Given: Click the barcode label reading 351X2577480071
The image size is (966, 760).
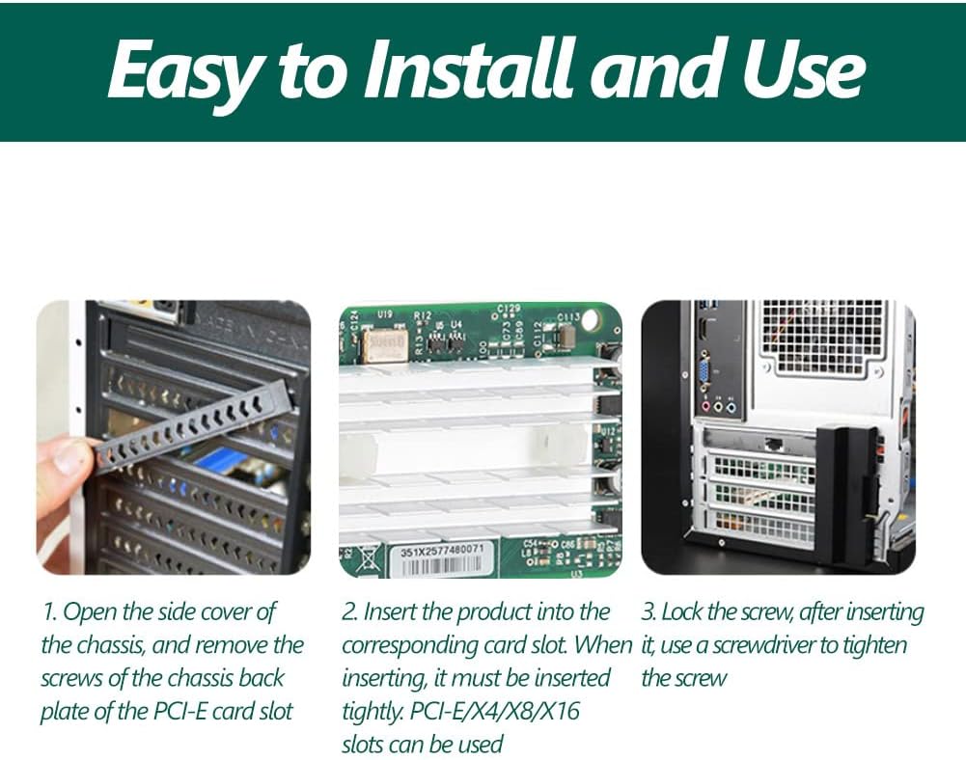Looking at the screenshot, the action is (x=442, y=559).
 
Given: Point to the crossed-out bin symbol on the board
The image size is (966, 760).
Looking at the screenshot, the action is (x=369, y=561).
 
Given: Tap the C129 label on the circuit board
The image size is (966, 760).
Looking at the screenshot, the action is (x=509, y=308).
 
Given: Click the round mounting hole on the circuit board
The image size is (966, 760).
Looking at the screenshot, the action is (x=590, y=319).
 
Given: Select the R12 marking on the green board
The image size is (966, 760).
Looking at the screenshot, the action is (x=423, y=315).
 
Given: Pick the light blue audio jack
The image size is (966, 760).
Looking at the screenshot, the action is (x=731, y=407).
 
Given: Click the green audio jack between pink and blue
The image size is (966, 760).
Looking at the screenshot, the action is (x=718, y=407).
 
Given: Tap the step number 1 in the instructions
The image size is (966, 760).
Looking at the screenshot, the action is (x=49, y=612).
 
